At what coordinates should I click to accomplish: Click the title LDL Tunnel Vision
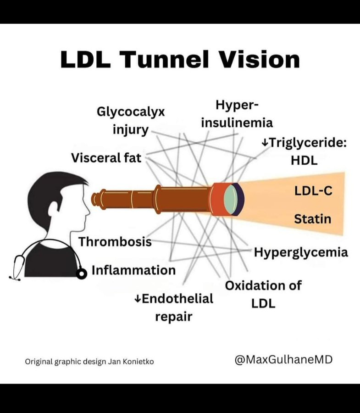click(180, 60)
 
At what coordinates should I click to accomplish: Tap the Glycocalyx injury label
click(131, 121)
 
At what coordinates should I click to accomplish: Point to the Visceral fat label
click(106, 158)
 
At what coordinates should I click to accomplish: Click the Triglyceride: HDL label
click(304, 151)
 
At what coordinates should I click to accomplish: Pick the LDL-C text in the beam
click(313, 191)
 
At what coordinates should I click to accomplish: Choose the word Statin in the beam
click(312, 218)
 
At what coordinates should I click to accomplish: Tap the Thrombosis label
click(115, 241)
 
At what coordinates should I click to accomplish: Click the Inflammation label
click(133, 270)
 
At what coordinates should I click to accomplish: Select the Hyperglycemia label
click(301, 252)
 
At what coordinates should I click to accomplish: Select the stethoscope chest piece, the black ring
click(81, 273)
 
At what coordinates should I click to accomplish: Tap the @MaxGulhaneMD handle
click(283, 359)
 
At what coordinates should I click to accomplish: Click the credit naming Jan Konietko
click(89, 362)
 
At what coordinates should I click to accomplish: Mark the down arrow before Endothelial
click(137, 299)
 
